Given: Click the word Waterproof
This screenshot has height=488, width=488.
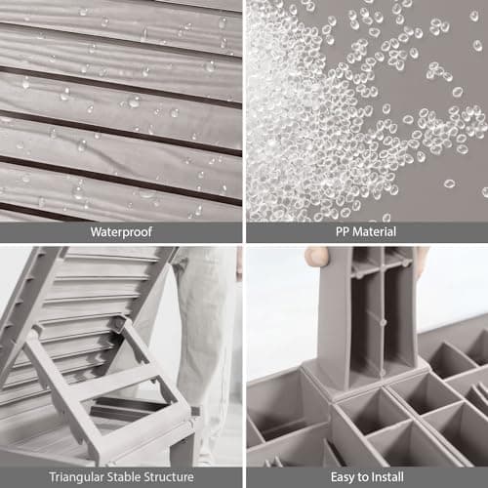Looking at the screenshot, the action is tap(121, 232).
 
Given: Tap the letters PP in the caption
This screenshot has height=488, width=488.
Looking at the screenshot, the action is tap(343, 231).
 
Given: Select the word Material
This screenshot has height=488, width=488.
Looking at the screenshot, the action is tap(375, 231).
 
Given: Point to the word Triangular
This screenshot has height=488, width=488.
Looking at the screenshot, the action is tap(77, 477).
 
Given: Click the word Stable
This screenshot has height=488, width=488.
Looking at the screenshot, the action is tap(125, 477).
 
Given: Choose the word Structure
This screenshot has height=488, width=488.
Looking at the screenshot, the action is tap(169, 477).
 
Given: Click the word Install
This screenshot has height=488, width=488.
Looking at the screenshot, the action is tap(387, 477).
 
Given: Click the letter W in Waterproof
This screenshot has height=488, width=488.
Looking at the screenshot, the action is tap(97, 232).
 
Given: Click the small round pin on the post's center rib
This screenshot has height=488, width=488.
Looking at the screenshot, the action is tap(384, 322).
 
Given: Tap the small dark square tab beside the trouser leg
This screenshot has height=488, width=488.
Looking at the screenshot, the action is tap(195, 411).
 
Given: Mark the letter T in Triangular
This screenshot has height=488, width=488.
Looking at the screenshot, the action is tap(53, 477).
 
